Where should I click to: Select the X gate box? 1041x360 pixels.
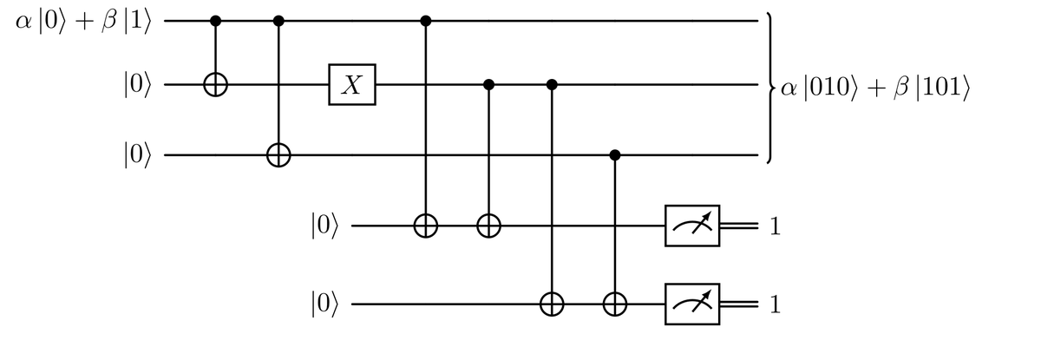[352, 85]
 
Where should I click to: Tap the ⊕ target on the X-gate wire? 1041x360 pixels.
[215, 85]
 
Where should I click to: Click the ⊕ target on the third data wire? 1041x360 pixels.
[278, 156]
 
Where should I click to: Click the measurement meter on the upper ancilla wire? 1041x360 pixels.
[692, 227]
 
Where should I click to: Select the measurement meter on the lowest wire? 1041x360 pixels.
[692, 304]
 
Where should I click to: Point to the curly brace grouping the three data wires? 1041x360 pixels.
[769, 87]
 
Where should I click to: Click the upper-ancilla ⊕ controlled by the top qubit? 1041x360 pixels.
[426, 227]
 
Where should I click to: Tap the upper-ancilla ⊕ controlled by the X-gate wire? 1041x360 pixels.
[489, 227]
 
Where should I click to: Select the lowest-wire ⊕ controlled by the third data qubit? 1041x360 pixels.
[615, 304]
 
